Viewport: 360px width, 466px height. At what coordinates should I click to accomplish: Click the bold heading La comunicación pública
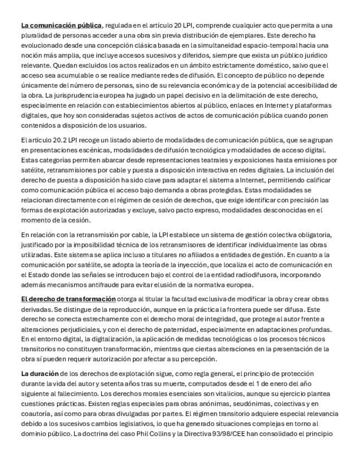[x=62, y=25]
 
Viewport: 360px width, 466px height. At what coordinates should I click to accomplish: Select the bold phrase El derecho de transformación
[x=68, y=298]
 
